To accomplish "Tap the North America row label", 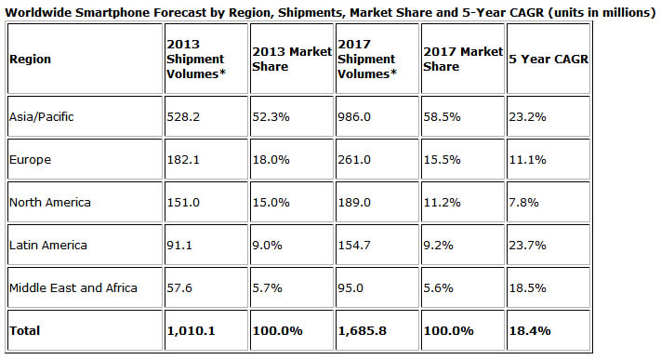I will (x=47, y=202).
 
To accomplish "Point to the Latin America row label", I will (x=46, y=245).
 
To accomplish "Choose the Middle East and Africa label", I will (x=73, y=287).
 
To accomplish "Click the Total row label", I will (x=24, y=328).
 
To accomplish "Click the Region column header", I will (x=30, y=59).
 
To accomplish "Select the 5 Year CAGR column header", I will (x=550, y=59).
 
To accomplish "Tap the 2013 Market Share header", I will (x=290, y=59).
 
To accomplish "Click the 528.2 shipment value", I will (x=182, y=116).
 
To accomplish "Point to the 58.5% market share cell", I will (x=440, y=116).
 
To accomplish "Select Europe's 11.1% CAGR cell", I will (x=525, y=159).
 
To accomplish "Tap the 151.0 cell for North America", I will (x=182, y=202).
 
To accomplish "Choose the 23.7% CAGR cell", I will (x=526, y=245).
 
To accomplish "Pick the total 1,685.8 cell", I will (x=361, y=328).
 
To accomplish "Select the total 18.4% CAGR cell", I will (x=527, y=328).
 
